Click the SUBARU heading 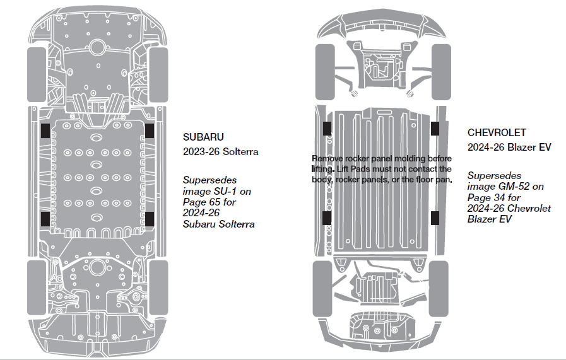[203, 137]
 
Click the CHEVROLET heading [497, 133]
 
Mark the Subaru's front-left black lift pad [46, 130]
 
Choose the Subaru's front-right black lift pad [150, 130]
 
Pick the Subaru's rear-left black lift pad [46, 219]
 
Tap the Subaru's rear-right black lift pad [150, 219]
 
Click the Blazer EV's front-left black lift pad [327, 128]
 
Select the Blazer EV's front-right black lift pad [435, 128]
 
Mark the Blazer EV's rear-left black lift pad [327, 218]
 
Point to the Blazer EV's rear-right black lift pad [435, 218]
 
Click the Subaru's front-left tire [37, 69]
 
